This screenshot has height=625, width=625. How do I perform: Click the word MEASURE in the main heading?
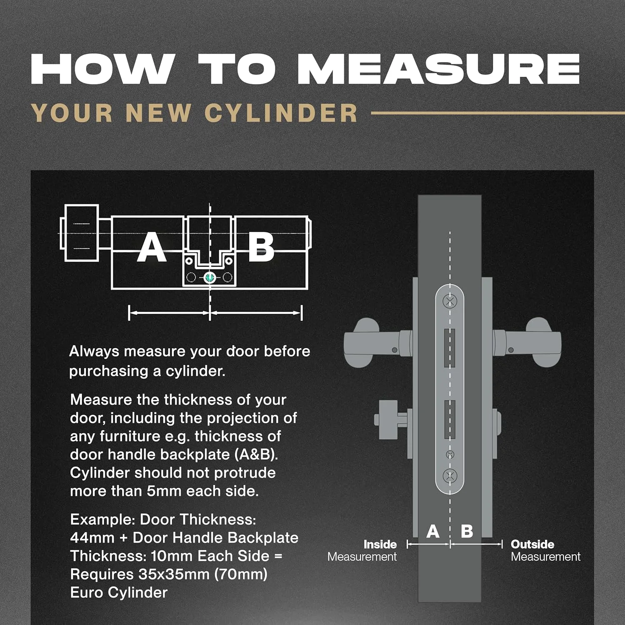coord(438,69)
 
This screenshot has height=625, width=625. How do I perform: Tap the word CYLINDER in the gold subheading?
coord(281,113)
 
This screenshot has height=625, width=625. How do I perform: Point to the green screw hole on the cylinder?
coord(210,277)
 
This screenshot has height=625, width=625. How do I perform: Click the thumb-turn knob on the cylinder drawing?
coord(82,233)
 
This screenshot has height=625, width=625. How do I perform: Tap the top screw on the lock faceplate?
coord(450,301)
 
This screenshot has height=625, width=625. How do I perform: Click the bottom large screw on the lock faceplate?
coord(450,475)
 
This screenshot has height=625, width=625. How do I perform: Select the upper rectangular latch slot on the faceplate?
coord(450,348)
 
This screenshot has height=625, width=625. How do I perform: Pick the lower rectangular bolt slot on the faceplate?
coord(450,419)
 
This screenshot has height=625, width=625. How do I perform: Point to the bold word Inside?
coord(380,544)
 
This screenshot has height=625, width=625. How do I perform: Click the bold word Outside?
coord(532,544)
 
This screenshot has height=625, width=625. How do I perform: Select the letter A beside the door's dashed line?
coord(433,531)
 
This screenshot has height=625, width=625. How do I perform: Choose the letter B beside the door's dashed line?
coord(467,531)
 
